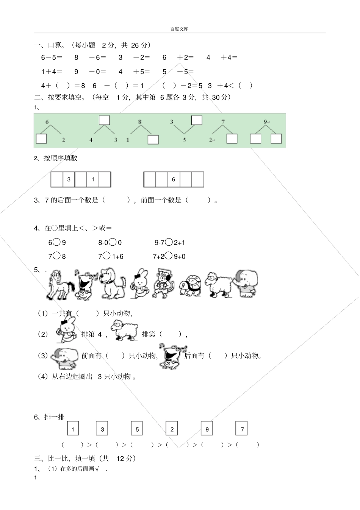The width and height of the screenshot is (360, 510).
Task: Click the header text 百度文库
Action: coord(179,29)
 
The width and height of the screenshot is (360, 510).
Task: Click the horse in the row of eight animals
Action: coord(59,285)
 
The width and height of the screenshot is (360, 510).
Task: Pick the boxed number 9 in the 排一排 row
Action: coord(207,429)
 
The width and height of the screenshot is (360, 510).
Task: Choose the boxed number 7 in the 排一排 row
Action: coord(242,429)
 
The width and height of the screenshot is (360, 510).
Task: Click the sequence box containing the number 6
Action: coord(174,179)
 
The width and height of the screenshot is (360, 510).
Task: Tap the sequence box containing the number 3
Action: coord(69,179)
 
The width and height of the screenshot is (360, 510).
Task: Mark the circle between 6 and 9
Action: coord(56,242)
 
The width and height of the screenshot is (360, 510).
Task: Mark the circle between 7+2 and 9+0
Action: coord(169,256)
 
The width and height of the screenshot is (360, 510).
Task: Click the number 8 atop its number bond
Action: coord(139,122)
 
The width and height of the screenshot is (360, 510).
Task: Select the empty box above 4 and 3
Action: coord(104,120)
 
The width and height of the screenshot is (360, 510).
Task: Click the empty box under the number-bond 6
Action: coord(41,139)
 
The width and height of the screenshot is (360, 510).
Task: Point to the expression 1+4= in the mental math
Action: coord(52,72)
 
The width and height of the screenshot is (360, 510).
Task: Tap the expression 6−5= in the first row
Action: coord(52,58)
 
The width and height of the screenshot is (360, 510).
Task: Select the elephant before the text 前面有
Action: coord(66,358)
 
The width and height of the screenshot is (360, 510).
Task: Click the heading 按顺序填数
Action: coord(61,158)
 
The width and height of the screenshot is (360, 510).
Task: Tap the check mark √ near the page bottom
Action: coord(97,469)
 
